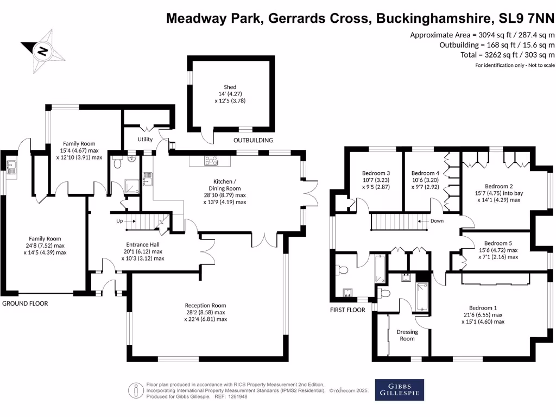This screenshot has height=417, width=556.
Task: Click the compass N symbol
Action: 41,52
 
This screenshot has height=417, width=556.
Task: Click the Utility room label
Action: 145,140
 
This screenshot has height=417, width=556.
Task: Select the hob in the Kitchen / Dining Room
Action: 210,160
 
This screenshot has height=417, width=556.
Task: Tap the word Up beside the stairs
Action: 120,221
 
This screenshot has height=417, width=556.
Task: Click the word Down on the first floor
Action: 437,221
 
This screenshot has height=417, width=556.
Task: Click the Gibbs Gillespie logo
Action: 400,389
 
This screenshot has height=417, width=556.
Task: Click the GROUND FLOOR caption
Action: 25,304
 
